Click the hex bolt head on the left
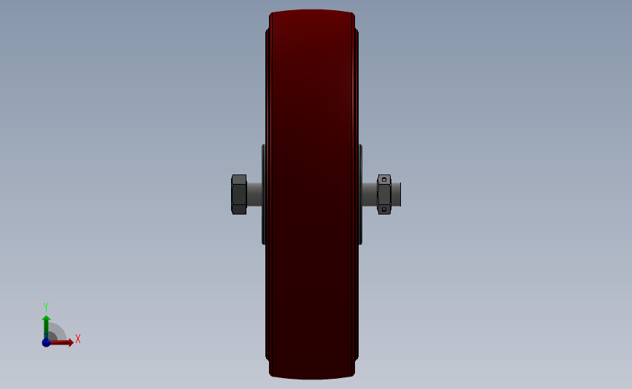coord(239,194)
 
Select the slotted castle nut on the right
coord(384,194)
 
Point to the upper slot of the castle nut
coord(384,178)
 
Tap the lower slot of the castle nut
coord(384,210)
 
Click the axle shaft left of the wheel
coord(254,194)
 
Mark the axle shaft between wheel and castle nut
coord(370,194)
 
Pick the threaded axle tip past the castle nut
coord(397,194)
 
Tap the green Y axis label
coord(45,307)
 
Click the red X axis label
coord(77,339)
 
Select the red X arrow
coord(63,342)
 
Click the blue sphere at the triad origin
coord(46,342)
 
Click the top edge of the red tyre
coord(312,10)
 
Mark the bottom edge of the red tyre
coord(312,377)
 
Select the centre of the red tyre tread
coord(312,194)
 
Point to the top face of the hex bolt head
coord(239,179)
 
